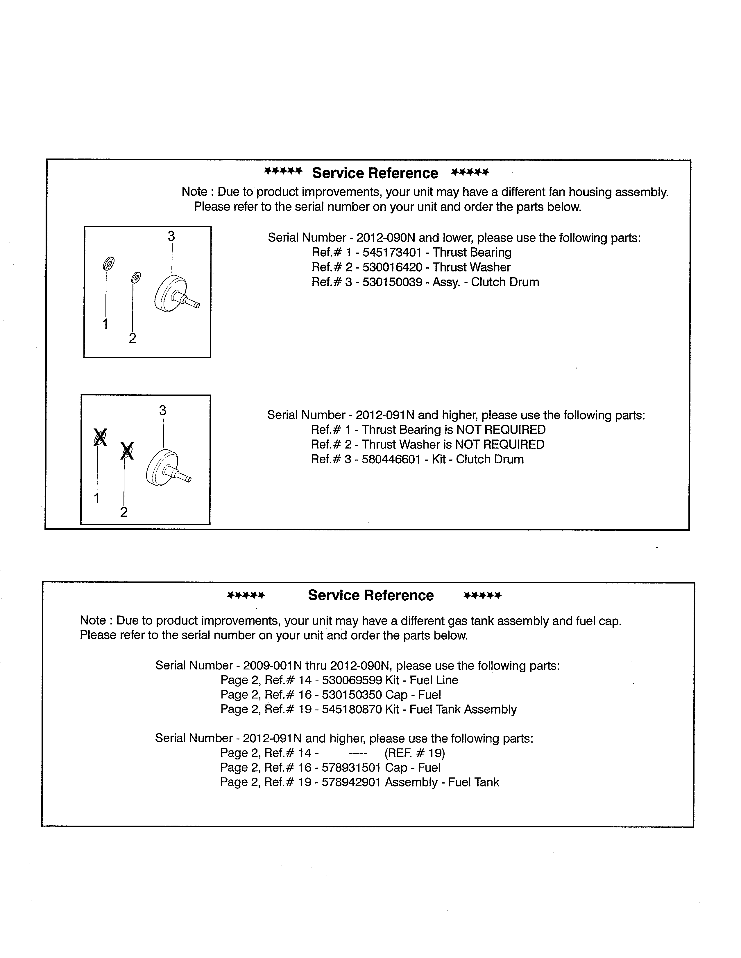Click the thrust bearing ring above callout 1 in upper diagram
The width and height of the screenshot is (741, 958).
click(x=108, y=264)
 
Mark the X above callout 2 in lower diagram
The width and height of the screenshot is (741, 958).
click(x=127, y=451)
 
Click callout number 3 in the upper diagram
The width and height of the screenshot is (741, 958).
click(x=171, y=236)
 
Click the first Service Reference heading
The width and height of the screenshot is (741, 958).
click(x=375, y=173)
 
